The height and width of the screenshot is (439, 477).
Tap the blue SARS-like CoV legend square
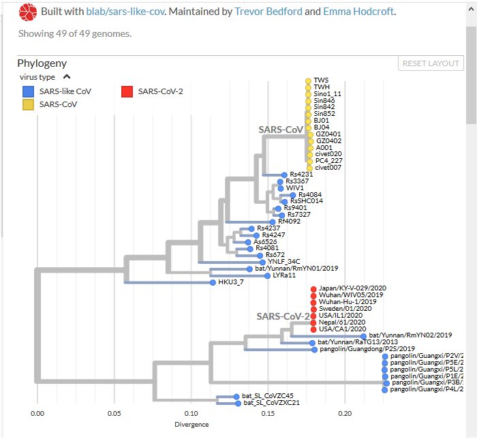pyautogui.click(x=27, y=91)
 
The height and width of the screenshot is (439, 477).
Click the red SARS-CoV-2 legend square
pyautogui.click(x=127, y=91)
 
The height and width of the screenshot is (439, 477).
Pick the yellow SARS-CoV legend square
pyautogui.click(x=27, y=104)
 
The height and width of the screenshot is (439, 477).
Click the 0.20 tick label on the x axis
pyautogui.click(x=345, y=413)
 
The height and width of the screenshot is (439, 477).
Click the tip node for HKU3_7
pyautogui.click(x=213, y=282)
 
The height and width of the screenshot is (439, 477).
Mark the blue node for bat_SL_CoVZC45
pyautogui.click(x=236, y=396)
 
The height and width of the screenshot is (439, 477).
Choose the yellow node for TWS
pyautogui.click(x=308, y=80)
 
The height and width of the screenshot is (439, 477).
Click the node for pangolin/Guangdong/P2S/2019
pyautogui.click(x=314, y=349)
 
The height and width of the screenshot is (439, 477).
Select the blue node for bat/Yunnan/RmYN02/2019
pyautogui.click(x=363, y=336)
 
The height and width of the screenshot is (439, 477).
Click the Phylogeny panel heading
pyautogui.click(x=42, y=63)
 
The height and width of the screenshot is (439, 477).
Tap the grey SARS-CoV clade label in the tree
pyautogui.click(x=280, y=129)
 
